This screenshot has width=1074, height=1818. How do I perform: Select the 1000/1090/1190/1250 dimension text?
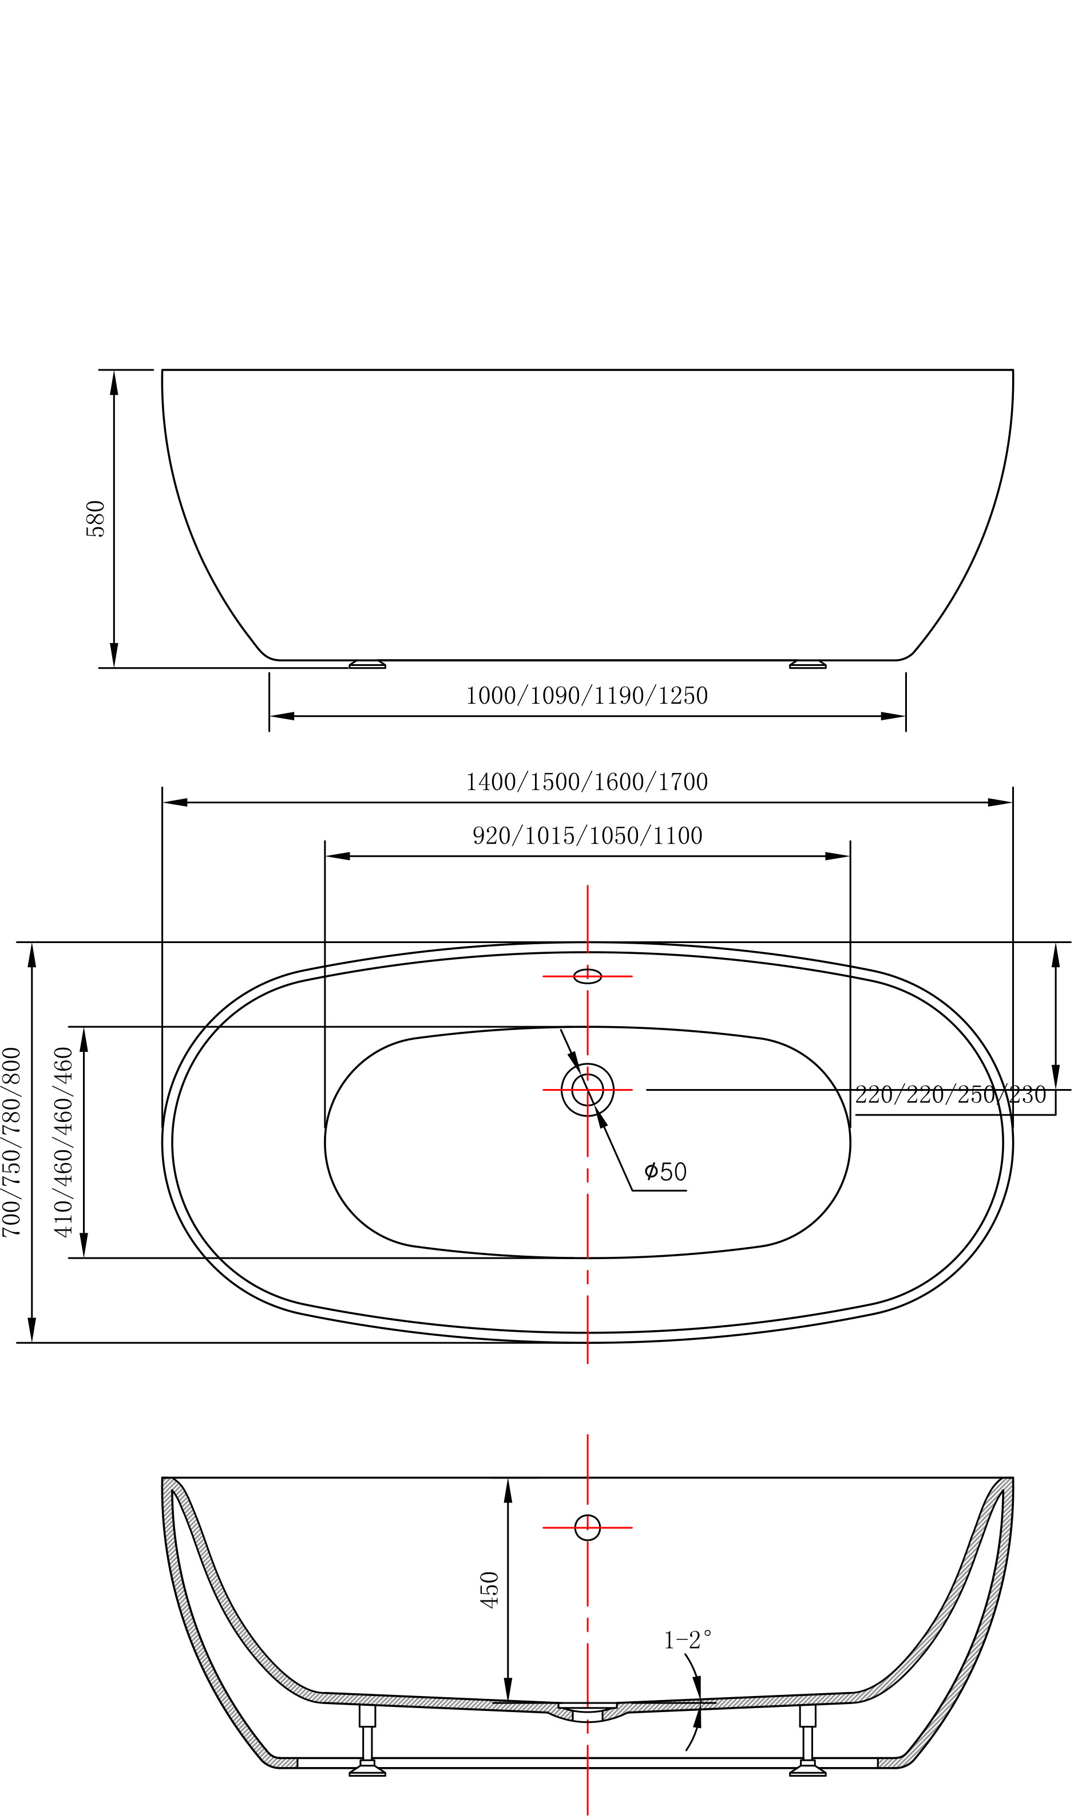coord(587,696)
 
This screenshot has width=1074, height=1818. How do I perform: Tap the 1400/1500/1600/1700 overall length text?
coord(587,782)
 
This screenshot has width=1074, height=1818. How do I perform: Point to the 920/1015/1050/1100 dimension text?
coord(588,836)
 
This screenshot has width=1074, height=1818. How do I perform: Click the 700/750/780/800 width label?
coord(13,1142)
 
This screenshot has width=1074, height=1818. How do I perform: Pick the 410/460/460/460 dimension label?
coord(65,1142)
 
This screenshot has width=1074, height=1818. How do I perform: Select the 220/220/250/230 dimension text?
coord(950,1094)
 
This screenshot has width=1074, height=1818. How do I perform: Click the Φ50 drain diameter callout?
coord(665,1171)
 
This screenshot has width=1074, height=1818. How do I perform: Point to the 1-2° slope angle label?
coord(688,1640)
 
